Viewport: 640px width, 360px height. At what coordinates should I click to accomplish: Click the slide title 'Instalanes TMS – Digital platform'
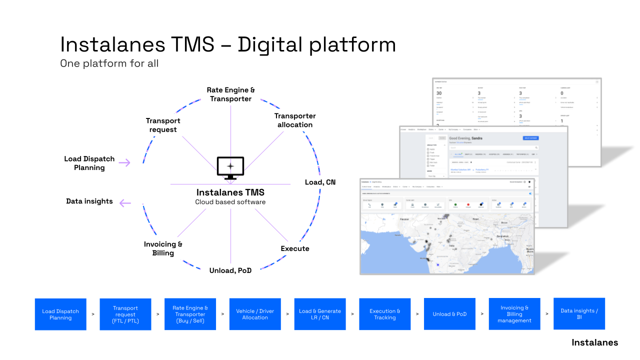pos(227,44)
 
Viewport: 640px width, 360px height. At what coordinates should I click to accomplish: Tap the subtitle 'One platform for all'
pos(109,63)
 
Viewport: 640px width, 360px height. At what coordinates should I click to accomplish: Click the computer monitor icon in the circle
pos(230,168)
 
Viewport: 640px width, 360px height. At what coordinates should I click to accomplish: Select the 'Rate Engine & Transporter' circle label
pos(230,94)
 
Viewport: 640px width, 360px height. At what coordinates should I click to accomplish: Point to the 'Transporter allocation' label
pos(295,120)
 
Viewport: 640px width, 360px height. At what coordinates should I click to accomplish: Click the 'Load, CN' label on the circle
pos(320,182)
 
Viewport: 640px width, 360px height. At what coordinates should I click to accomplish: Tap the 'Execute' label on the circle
pos(295,248)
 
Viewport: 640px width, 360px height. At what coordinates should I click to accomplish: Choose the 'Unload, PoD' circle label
pos(230,270)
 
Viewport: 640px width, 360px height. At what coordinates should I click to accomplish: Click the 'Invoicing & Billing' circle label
pos(163,248)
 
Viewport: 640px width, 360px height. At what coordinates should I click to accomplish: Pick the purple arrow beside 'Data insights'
pos(125,202)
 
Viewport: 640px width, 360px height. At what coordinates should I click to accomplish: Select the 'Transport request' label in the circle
pos(163,125)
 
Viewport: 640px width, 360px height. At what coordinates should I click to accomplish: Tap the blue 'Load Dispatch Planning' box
pos(60,314)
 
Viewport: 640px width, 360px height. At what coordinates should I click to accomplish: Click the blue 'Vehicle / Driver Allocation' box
pos(255,314)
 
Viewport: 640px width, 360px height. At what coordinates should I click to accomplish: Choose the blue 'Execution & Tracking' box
pos(385,314)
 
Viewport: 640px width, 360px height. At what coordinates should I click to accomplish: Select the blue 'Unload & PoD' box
pos(449,314)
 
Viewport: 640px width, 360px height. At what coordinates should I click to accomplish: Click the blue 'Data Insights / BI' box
pos(579,314)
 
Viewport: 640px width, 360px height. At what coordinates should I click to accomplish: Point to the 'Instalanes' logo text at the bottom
pos(594,342)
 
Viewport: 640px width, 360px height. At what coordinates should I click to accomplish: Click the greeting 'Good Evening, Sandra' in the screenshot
pos(468,138)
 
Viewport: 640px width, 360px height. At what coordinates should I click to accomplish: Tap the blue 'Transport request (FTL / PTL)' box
pos(125,314)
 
